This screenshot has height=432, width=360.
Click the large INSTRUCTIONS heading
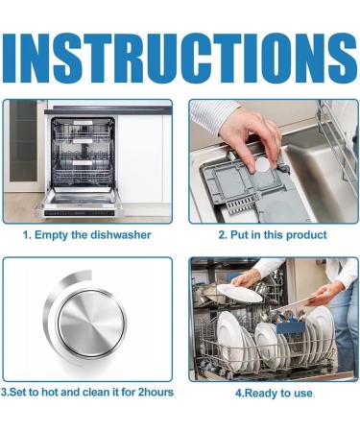coord(180,59)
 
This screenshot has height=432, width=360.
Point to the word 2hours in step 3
coord(156,392)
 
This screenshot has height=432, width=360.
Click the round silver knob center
coord(91,323)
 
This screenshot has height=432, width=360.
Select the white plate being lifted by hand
coord(239,293)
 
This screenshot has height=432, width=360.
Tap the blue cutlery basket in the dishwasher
coord(291,328)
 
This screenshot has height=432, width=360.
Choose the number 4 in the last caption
coord(238,393)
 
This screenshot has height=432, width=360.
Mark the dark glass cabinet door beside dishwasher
coord(23,141)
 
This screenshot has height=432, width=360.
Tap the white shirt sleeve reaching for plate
coord(272,268)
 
